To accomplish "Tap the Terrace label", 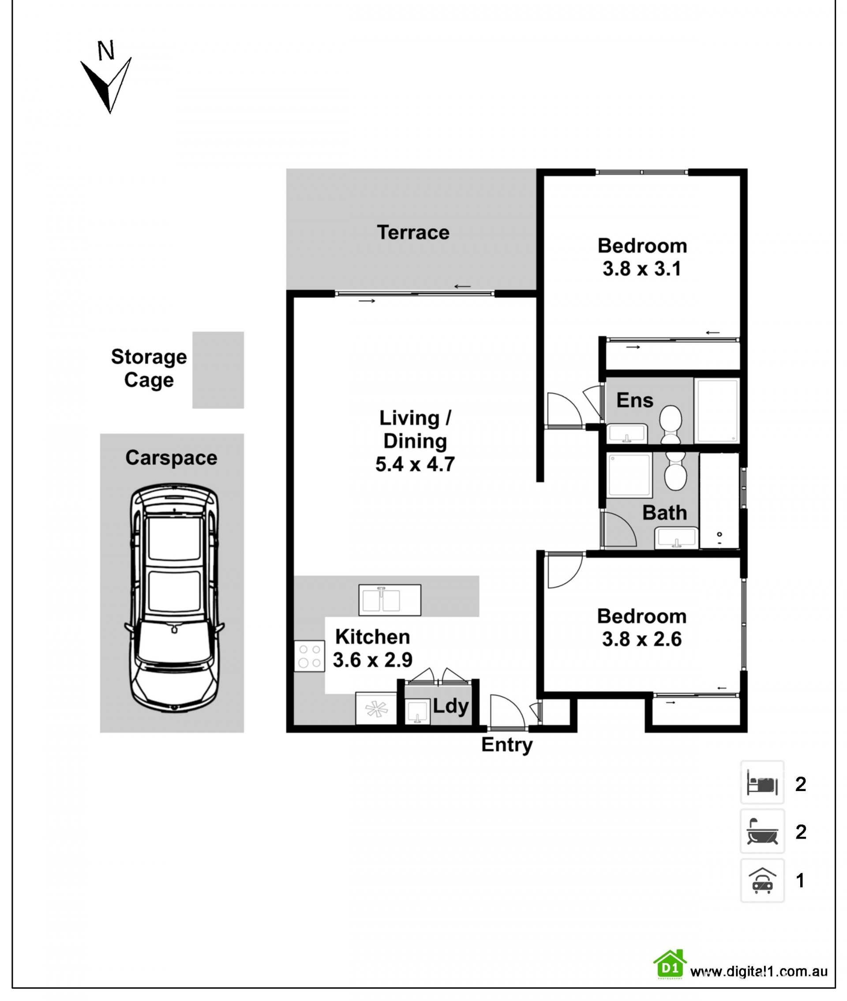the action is pos(413,232).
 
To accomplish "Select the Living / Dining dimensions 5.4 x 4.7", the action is pos(415,464).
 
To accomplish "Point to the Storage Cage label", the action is pos(149,368).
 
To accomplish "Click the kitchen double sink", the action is pos(390,600).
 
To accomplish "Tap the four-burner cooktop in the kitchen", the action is pos(309,656).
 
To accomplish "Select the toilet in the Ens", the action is pos(670,424).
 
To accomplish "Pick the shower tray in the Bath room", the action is pos(630,475).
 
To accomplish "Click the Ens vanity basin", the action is pos(627,434).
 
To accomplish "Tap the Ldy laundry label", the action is pos(450,707).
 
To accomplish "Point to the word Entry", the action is pos(507,745).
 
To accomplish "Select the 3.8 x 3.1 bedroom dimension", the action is pos(642,268).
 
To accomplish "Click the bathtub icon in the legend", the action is pos(762,832).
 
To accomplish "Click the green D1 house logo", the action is pos(670,964).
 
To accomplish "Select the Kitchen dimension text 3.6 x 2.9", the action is pos(373,660).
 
